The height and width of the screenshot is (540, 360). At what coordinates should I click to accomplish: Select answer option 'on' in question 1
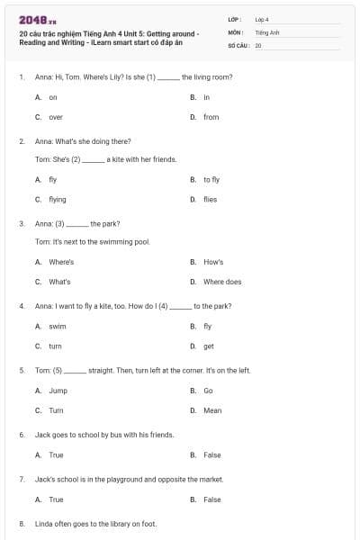52,97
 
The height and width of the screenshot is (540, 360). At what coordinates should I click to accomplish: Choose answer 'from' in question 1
211,117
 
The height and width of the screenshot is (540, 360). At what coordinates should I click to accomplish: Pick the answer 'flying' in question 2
57,200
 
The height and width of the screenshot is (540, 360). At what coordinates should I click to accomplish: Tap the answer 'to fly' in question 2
211,180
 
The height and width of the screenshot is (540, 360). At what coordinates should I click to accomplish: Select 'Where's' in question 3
61,262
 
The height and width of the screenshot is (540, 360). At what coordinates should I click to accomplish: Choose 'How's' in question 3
213,262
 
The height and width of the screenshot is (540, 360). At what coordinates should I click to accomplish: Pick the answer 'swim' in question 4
57,326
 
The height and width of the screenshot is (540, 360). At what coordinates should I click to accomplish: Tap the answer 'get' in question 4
209,346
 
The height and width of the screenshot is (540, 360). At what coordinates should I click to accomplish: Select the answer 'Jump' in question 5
58,391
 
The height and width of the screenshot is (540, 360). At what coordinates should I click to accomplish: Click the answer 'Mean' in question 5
212,410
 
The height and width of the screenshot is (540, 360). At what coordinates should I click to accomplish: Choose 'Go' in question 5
208,391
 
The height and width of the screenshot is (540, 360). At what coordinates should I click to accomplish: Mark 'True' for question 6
56,455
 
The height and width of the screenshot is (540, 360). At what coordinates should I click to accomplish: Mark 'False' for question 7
212,499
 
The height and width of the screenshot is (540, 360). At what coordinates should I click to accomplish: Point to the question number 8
21,523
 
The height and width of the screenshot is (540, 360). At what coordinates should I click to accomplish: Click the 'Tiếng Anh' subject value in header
266,31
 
